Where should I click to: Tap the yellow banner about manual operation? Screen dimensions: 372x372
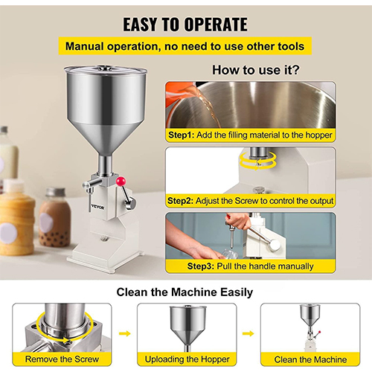coord(185,46)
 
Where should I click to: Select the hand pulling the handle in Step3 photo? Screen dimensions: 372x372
coord(238,221)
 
